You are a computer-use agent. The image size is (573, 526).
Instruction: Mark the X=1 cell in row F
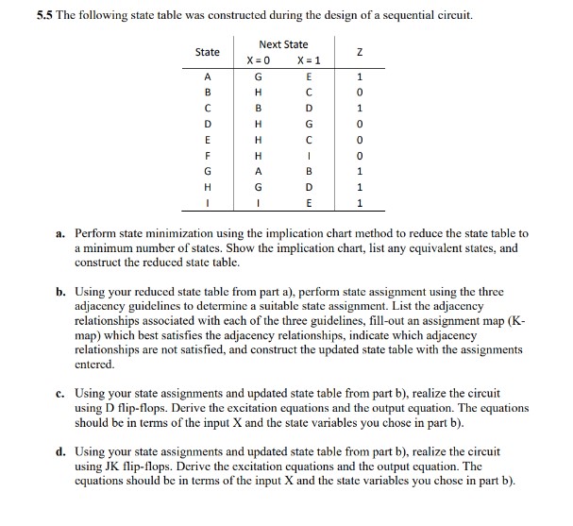click(309, 155)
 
